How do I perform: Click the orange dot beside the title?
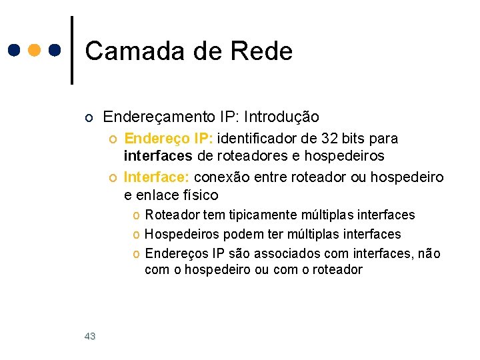[x=35, y=50]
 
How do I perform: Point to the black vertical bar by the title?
[x=72, y=50]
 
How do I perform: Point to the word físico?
[x=197, y=195]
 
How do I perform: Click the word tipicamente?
[x=263, y=215]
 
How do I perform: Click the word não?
[x=427, y=253]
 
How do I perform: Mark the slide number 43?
[x=90, y=337]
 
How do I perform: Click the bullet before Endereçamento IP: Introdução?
[x=90, y=118]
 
